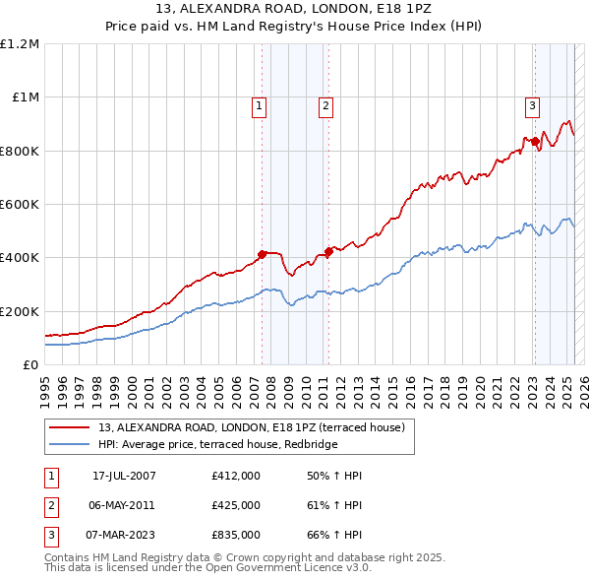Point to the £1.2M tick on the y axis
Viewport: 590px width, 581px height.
click(20, 44)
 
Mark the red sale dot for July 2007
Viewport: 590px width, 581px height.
click(263, 254)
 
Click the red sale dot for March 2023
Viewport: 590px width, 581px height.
click(536, 142)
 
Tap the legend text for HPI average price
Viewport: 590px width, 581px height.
click(217, 444)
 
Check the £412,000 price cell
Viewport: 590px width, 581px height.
click(236, 476)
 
